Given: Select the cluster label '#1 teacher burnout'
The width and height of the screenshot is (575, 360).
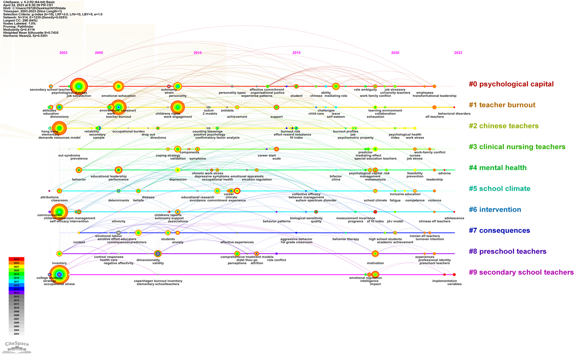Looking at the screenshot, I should coord(502,105).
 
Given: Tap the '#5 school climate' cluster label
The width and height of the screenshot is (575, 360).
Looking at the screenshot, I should coord(499,189).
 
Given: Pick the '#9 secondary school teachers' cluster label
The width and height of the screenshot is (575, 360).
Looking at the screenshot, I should coord(521,272).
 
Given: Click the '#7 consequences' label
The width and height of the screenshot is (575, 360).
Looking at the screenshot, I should coord(499,231).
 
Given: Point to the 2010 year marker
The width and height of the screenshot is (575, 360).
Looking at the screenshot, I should coord(198,53).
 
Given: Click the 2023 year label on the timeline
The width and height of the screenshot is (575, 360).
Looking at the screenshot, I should coord(458,53).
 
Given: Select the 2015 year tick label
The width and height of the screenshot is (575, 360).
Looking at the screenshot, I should coord(296,53).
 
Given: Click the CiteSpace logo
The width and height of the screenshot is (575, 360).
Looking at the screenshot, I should coord(16,346).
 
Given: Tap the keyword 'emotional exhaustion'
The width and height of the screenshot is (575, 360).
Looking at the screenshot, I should coord(119,96).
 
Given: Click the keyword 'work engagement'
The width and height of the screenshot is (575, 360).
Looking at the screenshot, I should coord(177,117).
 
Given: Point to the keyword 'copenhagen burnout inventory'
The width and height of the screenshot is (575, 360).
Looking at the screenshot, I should coord(158,281).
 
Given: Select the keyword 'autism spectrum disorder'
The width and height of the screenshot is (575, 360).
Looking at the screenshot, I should coord(316,200).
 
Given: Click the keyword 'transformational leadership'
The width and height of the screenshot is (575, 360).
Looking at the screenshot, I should coord(431,96).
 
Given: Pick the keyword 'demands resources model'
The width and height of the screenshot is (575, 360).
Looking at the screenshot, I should coord(59,137).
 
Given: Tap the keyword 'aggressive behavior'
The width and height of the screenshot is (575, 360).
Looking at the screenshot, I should coord(296,239).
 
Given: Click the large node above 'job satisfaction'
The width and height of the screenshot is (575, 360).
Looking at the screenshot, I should coord(79,86).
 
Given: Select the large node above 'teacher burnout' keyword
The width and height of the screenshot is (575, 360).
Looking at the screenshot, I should coord(118,107).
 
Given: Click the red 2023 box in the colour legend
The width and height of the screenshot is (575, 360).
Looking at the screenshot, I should coord(16,259).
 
